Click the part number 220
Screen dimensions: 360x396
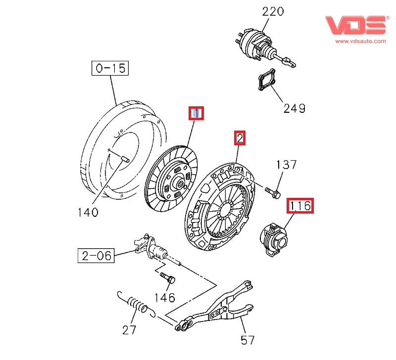(273, 11)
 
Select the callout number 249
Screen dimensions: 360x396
(294, 108)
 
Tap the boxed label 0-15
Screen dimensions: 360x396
(110, 68)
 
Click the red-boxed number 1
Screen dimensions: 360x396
(197, 113)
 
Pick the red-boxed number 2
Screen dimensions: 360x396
(240, 138)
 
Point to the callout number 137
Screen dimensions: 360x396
(286, 165)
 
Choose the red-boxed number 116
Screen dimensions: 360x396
(300, 205)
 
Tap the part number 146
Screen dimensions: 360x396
(164, 297)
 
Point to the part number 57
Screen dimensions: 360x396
(247, 340)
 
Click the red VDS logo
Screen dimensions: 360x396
(355, 25)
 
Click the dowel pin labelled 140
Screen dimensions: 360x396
(124, 159)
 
